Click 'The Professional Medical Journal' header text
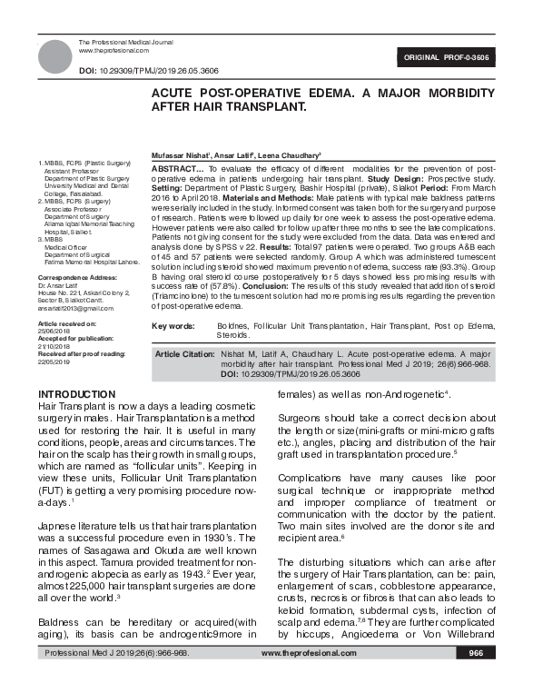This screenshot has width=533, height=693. pyautogui.click(x=123, y=44)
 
